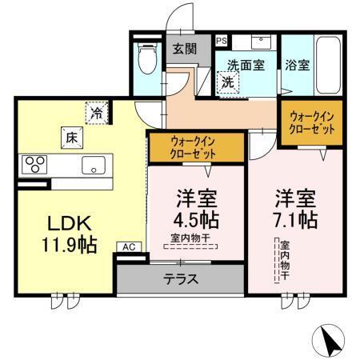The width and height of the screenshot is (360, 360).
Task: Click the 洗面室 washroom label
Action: [246, 66]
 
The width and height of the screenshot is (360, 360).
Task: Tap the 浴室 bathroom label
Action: [298, 66]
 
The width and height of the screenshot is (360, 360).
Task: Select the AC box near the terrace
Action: [128, 247]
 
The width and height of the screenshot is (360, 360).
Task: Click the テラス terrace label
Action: [181, 279]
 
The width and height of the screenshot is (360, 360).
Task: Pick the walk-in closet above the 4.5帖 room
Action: [195, 147]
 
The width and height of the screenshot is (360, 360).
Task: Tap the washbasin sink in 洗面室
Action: [260, 42]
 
